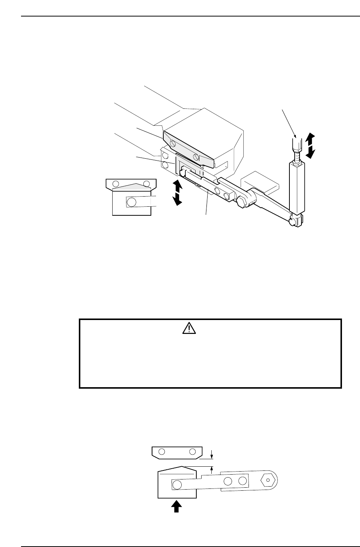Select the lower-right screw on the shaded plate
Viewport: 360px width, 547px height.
coord(195,157)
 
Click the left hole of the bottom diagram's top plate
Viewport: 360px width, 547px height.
coord(162,451)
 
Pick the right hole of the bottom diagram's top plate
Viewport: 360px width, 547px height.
coord(192,451)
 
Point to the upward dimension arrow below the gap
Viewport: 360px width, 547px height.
coord(212,469)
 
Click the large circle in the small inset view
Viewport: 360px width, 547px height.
coord(131,202)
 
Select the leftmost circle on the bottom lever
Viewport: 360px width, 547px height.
coord(176,485)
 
